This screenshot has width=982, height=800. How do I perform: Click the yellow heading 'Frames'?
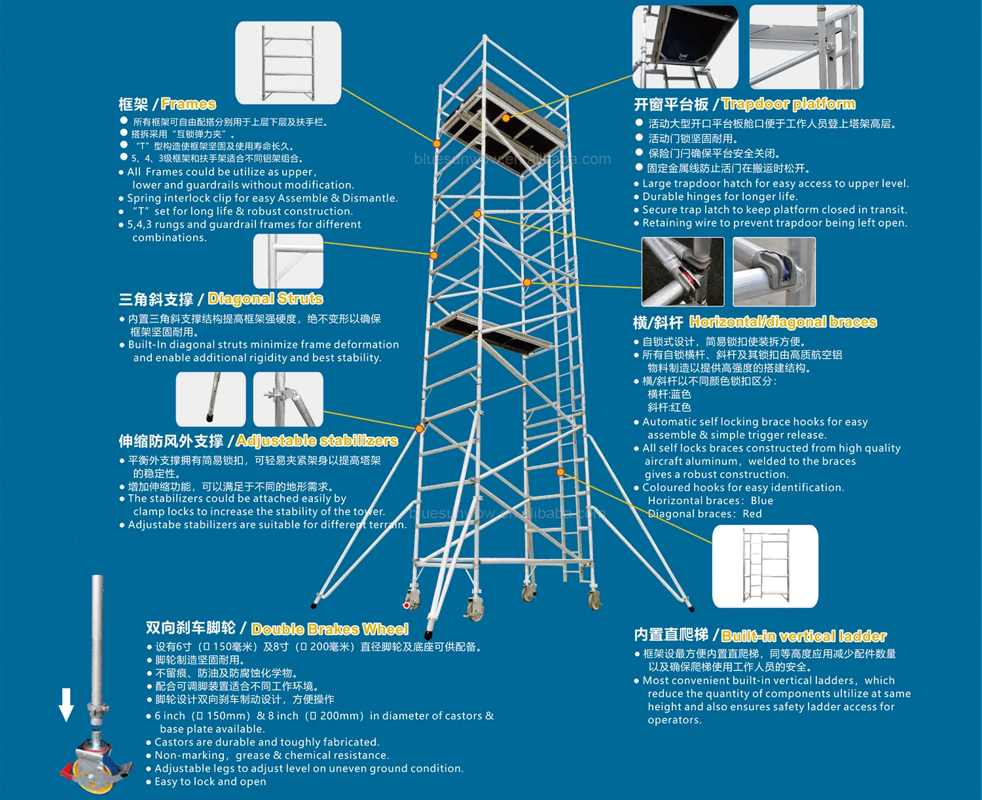[188, 104]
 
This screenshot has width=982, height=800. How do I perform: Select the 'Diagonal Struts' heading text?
[265, 299]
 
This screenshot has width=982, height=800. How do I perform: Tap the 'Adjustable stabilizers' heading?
[317, 441]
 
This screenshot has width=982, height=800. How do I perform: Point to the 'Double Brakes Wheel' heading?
[329, 629]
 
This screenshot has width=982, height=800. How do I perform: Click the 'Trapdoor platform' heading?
[788, 104]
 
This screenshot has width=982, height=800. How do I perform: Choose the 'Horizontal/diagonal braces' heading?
[783, 322]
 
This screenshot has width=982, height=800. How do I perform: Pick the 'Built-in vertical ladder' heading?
[804, 636]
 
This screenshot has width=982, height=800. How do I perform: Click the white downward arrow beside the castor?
[66, 704]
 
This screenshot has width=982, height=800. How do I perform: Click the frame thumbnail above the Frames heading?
[288, 62]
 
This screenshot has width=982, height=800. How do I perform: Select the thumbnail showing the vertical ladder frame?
[765, 566]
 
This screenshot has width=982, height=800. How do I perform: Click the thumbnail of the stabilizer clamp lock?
[288, 399]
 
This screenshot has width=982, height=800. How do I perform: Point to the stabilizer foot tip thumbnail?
[211, 399]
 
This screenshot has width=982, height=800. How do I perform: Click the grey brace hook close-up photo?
[774, 272]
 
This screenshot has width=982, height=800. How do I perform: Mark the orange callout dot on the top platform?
[506, 118]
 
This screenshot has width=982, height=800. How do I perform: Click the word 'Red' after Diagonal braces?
[752, 514]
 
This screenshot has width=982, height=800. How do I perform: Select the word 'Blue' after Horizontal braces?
[762, 501]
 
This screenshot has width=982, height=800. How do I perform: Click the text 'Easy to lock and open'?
[210, 782]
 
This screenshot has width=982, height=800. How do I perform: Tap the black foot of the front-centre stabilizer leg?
[428, 634]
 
